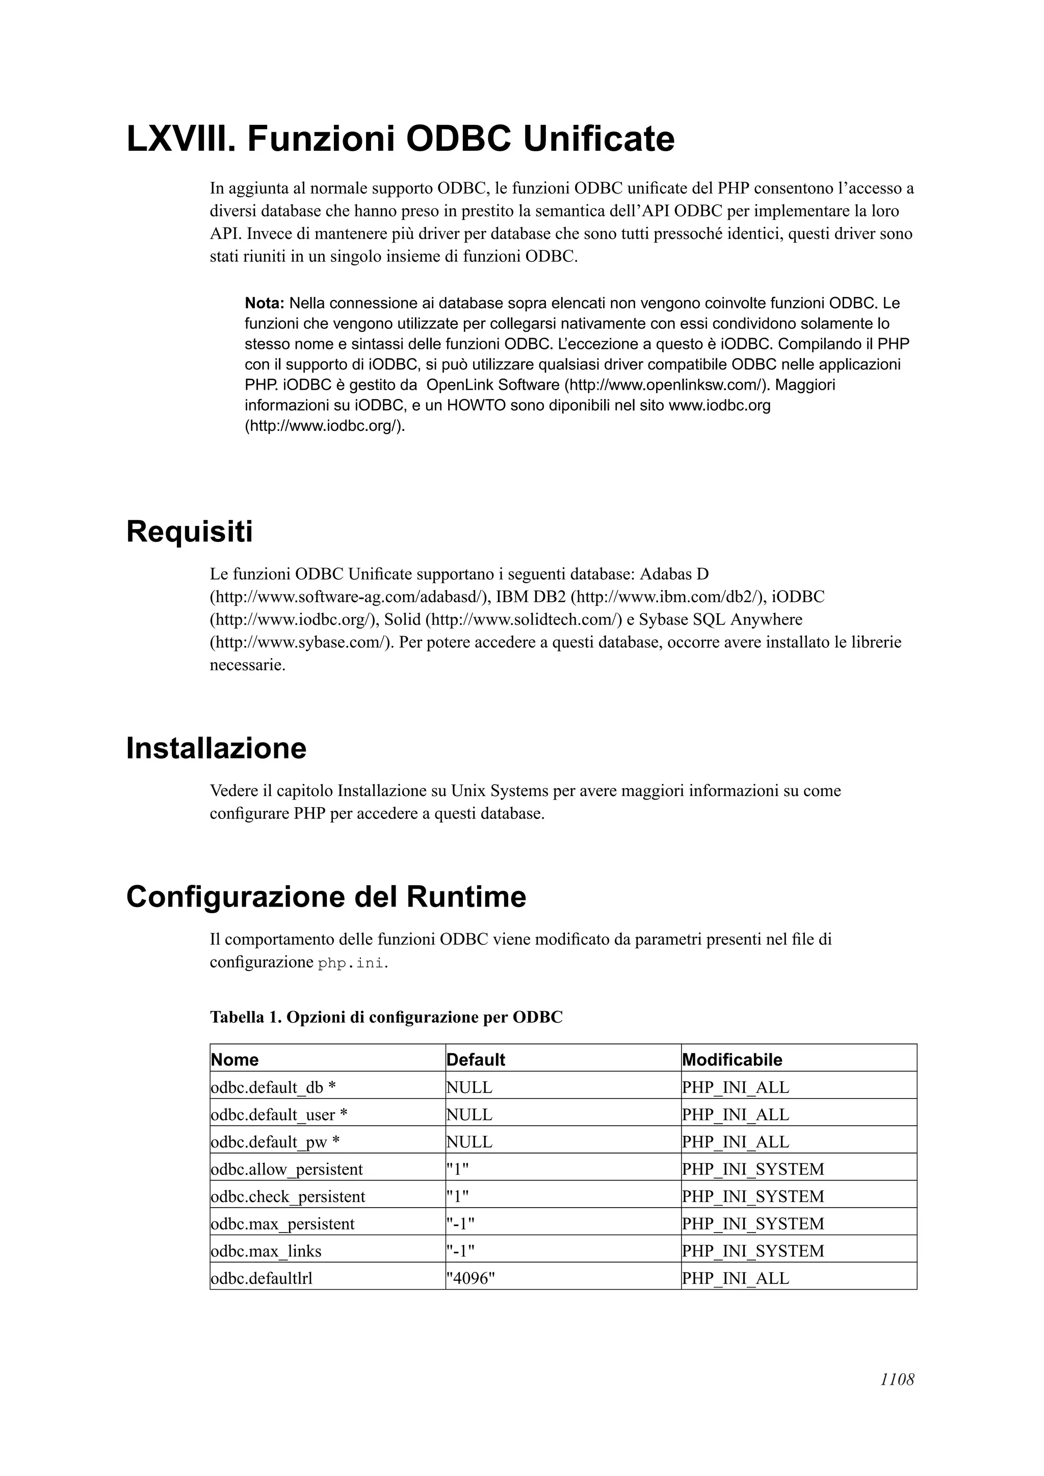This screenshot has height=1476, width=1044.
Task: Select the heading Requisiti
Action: point(189,532)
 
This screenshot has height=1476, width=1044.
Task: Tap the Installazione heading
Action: point(216,748)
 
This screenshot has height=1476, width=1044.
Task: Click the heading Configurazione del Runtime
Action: point(326,897)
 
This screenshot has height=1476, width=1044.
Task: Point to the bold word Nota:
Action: point(265,303)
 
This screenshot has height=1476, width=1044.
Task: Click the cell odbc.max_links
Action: point(266,1251)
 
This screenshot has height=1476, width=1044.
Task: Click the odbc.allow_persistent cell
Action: point(287,1169)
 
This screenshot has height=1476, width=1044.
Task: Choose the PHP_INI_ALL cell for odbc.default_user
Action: point(735,1115)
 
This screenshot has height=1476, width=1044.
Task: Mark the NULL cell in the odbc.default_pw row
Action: point(469,1142)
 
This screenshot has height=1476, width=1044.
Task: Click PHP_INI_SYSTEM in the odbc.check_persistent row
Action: point(752,1196)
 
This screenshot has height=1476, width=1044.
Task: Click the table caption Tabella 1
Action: point(386,1018)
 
